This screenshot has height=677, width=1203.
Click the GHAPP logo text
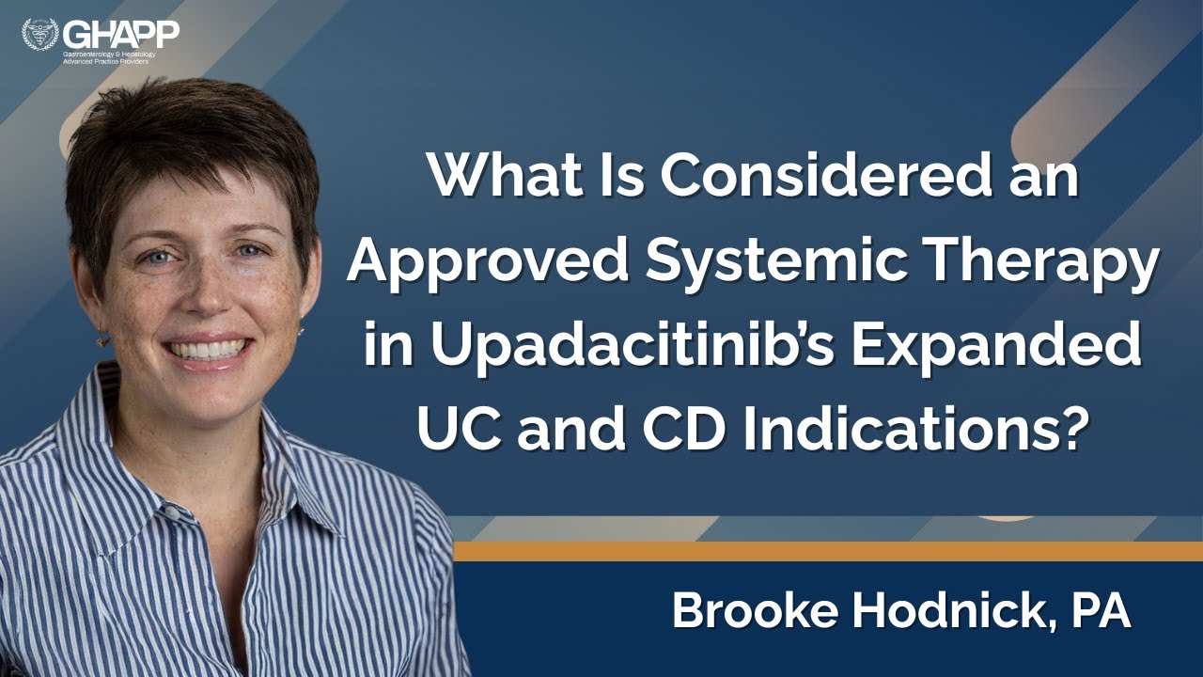pos(121,34)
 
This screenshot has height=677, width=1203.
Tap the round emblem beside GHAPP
pos(40,34)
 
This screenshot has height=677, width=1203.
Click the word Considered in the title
pos(826,177)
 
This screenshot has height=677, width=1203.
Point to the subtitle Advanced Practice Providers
pos(106,62)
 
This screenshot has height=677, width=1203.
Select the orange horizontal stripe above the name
pos(828,551)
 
